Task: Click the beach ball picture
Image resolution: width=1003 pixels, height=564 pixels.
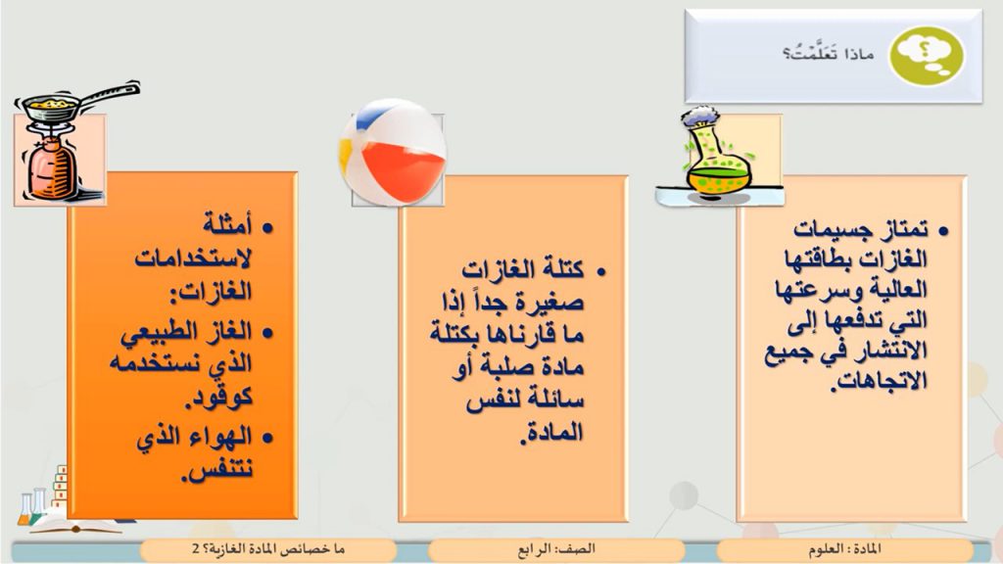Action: pos(393,153)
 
